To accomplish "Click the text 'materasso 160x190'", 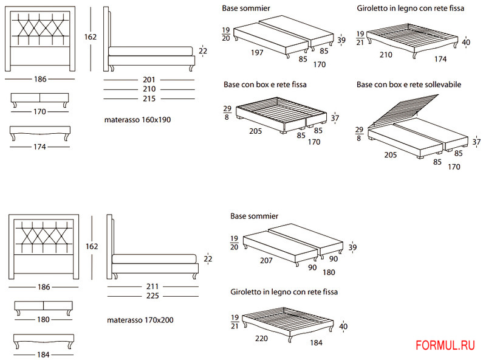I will pyautogui.click(x=137, y=120).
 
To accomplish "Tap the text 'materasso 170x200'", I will pyautogui.click(x=137, y=319).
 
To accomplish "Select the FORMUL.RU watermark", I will pyautogui.click(x=445, y=345).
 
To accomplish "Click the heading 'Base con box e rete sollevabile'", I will pyautogui.click(x=408, y=85).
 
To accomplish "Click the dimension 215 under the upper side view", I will pyautogui.click(x=149, y=99).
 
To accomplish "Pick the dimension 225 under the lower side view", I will pyautogui.click(x=152, y=296).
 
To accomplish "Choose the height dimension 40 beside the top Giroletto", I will pyautogui.click(x=466, y=42).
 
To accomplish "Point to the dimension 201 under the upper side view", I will pyautogui.click(x=149, y=79).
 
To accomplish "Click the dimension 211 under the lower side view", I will pyautogui.click(x=152, y=286).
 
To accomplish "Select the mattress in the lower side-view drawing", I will pyautogui.click(x=155, y=258).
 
